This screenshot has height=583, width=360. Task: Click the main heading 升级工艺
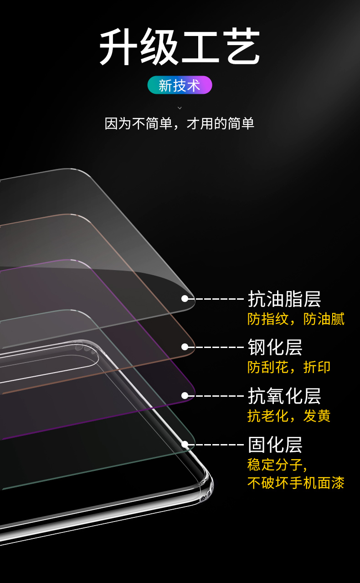180,46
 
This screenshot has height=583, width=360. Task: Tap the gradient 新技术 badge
180,85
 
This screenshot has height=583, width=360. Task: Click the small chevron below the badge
180,108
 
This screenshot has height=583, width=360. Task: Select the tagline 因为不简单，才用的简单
180,123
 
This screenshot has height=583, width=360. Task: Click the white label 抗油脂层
284,299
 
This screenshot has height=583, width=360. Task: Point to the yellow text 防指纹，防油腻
296,319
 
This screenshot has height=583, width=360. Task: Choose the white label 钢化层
275,347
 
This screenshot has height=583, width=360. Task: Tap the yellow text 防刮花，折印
289,367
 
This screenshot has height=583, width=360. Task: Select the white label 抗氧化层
284,396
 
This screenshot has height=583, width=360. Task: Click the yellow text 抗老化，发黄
289,416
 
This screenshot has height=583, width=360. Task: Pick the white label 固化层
275,445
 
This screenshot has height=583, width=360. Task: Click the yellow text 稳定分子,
277,465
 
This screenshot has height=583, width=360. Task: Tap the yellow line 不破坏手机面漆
296,483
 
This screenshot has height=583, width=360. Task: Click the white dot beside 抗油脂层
185,298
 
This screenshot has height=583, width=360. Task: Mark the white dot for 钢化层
185,347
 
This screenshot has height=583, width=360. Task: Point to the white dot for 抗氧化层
185,396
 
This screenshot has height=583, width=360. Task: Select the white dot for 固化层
185,444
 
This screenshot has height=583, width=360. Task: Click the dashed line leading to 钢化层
216,347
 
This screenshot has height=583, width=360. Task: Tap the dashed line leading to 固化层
216,444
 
